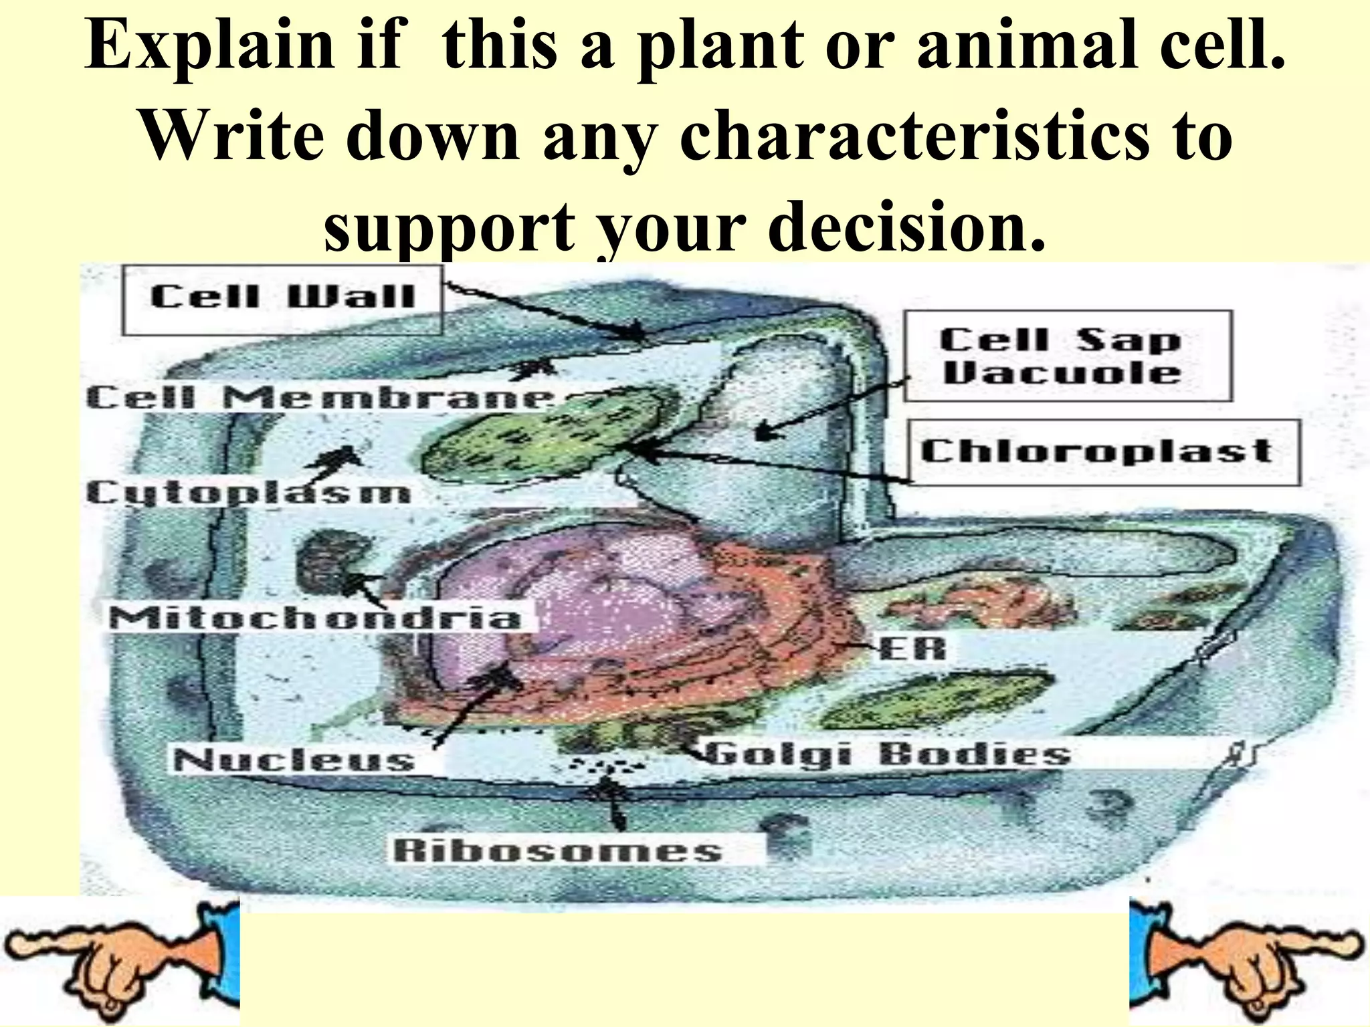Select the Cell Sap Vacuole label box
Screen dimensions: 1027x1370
click(x=1067, y=356)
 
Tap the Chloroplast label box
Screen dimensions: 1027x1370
click(x=1104, y=451)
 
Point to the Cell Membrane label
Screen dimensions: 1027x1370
click(x=320, y=398)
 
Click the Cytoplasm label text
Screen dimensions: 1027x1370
click(x=248, y=493)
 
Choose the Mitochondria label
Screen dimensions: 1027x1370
click(x=314, y=617)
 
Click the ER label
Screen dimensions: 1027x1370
click(x=914, y=648)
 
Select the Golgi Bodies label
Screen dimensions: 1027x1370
click(x=886, y=754)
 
